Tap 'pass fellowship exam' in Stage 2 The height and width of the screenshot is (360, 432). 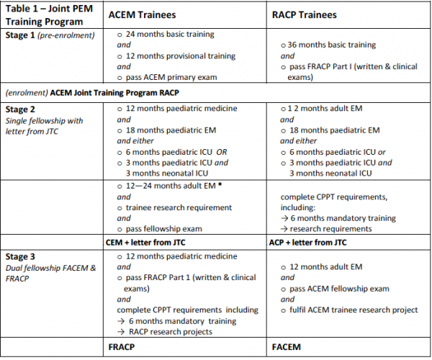coord(164,229)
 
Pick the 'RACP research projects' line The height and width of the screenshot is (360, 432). coord(174,331)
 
